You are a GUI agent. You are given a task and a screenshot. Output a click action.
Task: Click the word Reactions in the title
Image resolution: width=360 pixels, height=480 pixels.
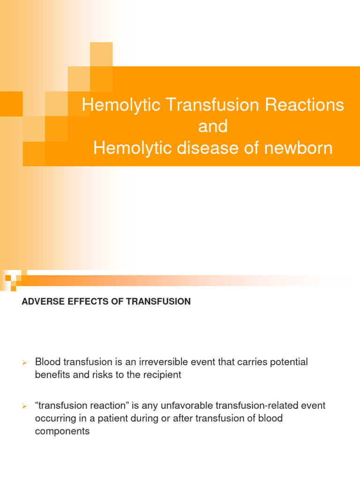tap(305, 105)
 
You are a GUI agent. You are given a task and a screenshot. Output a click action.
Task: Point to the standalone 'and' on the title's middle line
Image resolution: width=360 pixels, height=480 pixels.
tap(213, 127)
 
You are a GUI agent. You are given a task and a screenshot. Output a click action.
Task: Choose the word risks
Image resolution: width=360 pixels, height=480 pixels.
tap(99, 375)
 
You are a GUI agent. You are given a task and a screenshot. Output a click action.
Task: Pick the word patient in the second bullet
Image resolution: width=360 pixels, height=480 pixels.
tap(114, 418)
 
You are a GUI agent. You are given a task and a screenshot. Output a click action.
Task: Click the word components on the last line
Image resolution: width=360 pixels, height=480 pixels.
tap(62, 431)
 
